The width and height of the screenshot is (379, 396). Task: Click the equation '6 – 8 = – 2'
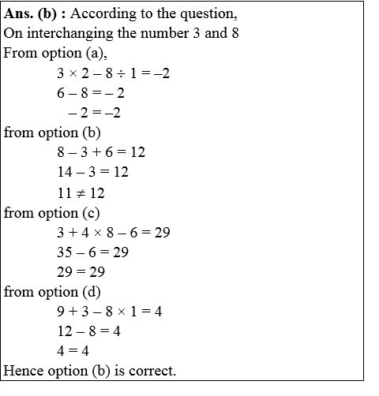coord(91,92)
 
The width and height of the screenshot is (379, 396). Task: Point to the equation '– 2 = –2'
coord(94,112)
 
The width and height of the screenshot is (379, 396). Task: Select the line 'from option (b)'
coord(52,132)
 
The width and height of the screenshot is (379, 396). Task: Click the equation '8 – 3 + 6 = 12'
coord(101,151)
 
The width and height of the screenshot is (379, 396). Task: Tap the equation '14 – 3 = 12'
coord(92,171)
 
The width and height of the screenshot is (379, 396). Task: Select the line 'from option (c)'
coord(52,212)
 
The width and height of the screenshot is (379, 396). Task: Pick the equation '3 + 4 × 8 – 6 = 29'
coord(114,233)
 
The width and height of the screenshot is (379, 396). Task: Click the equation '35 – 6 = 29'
coord(92,252)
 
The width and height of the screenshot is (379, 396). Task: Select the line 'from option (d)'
coord(52,292)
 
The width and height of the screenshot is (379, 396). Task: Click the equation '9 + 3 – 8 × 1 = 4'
coord(109,312)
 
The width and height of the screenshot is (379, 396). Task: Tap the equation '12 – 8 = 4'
coord(88,331)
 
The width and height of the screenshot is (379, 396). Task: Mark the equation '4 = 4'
coord(75,351)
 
